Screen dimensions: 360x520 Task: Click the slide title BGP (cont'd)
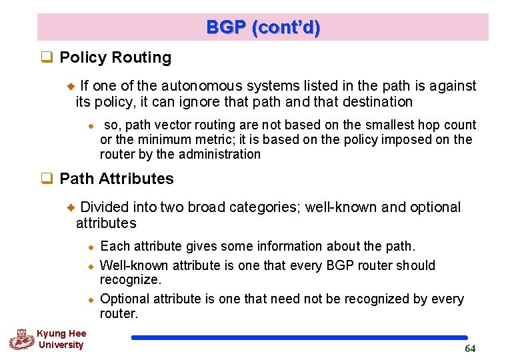tap(263, 27)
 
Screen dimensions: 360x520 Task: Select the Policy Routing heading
tap(115, 58)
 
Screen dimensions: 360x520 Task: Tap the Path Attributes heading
tap(117, 179)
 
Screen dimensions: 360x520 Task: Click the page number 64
tap(470, 349)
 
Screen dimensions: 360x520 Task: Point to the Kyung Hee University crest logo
tap(21, 339)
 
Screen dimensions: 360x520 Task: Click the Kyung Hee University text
tap(61, 339)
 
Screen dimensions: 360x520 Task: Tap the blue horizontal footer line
tap(299, 338)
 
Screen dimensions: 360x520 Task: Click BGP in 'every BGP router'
tap(341, 265)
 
